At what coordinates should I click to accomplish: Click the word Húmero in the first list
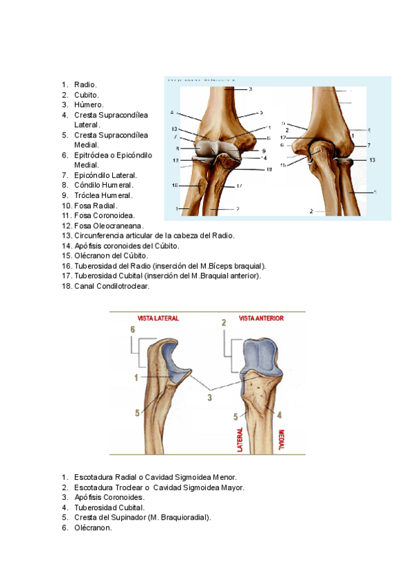pyautogui.click(x=89, y=104)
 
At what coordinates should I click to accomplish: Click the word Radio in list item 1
pyautogui.click(x=85, y=85)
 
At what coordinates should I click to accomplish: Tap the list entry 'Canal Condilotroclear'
pyautogui.click(x=112, y=286)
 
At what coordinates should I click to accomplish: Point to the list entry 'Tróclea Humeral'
pyautogui.click(x=104, y=195)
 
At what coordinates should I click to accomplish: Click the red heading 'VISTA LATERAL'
pyautogui.click(x=158, y=319)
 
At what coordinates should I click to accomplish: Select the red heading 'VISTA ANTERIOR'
pyautogui.click(x=261, y=319)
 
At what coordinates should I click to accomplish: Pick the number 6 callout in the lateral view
pyautogui.click(x=132, y=330)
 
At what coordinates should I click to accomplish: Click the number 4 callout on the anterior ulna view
pyautogui.click(x=279, y=415)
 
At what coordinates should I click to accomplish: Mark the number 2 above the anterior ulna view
pyautogui.click(x=224, y=322)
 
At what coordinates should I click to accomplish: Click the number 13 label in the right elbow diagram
pyautogui.click(x=372, y=159)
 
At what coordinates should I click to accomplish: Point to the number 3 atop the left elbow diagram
pyautogui.click(x=251, y=89)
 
